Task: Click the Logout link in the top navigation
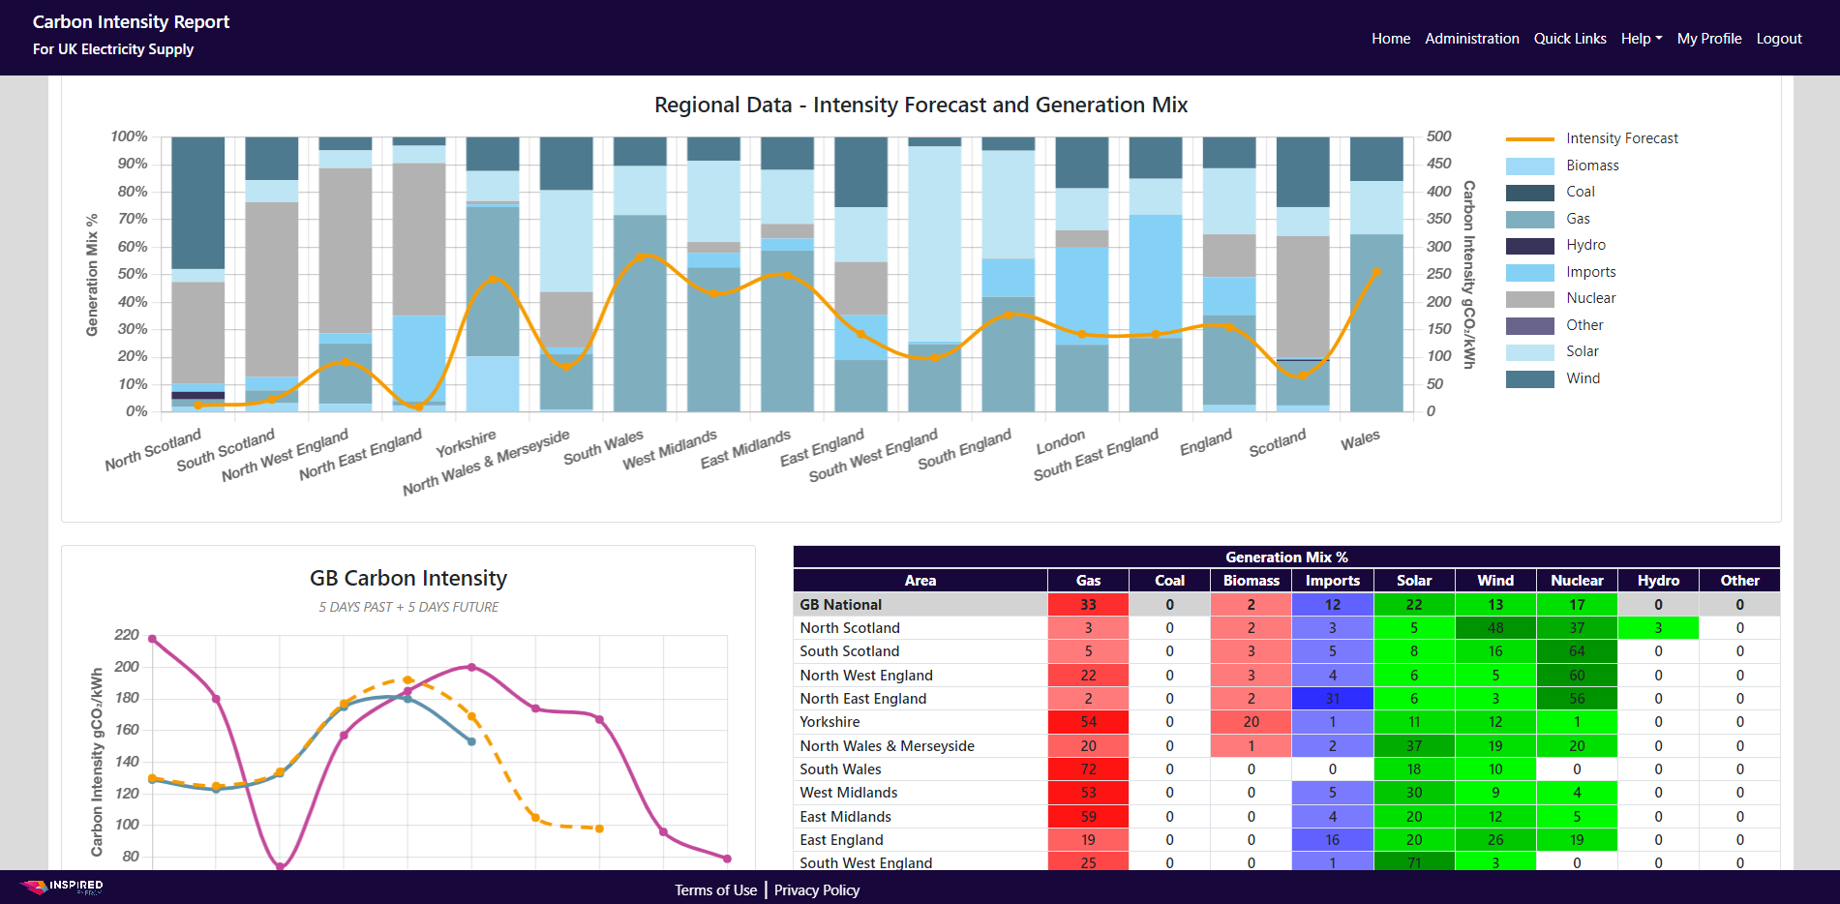[1778, 39]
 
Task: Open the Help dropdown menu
[1641, 39]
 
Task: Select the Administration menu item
[1471, 39]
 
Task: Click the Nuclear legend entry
[1590, 298]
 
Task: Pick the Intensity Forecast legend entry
[1621, 138]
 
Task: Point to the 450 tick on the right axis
[1438, 164]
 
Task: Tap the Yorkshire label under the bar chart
[466, 443]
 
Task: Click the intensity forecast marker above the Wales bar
[1376, 273]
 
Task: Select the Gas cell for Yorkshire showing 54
[1088, 722]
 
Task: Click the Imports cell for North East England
[1332, 699]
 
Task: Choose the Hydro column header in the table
[1658, 581]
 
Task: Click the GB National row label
[840, 605]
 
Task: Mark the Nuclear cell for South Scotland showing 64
[1577, 651]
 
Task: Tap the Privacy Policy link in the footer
[816, 890]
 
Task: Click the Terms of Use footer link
[715, 890]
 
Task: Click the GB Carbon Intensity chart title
[407, 578]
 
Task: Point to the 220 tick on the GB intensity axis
[127, 635]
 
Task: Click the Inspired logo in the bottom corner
[63, 887]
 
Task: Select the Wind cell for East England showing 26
[1494, 840]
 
